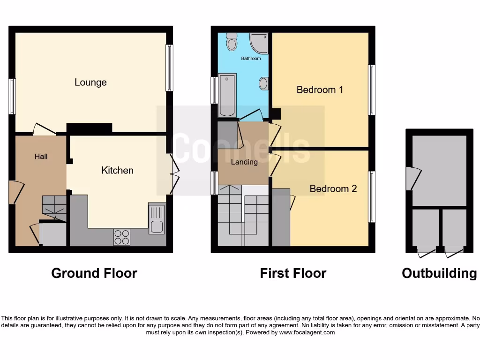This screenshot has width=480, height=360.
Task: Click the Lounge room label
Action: click(90, 82)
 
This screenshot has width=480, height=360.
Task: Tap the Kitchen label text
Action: click(117, 170)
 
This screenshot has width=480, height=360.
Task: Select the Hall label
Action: click(41, 157)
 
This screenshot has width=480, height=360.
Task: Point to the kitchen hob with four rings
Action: click(121, 237)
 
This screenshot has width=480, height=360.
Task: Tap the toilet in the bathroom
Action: click(231, 43)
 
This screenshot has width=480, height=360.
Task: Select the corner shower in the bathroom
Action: click(259, 42)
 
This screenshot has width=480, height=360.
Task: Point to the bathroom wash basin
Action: click(263, 84)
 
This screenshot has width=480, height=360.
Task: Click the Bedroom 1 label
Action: click(320, 90)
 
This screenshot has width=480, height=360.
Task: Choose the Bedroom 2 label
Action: click(333, 189)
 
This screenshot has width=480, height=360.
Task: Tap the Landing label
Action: click(244, 162)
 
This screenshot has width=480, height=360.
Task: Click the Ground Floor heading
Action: click(94, 273)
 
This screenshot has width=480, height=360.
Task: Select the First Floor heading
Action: click(293, 273)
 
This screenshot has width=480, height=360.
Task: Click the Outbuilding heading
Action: click(439, 273)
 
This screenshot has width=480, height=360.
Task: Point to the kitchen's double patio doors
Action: click(174, 175)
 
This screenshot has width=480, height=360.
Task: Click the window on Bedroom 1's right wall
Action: click(371, 90)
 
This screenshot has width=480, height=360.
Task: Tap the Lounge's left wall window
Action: click(13, 96)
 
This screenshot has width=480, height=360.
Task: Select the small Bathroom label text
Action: click(251, 59)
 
